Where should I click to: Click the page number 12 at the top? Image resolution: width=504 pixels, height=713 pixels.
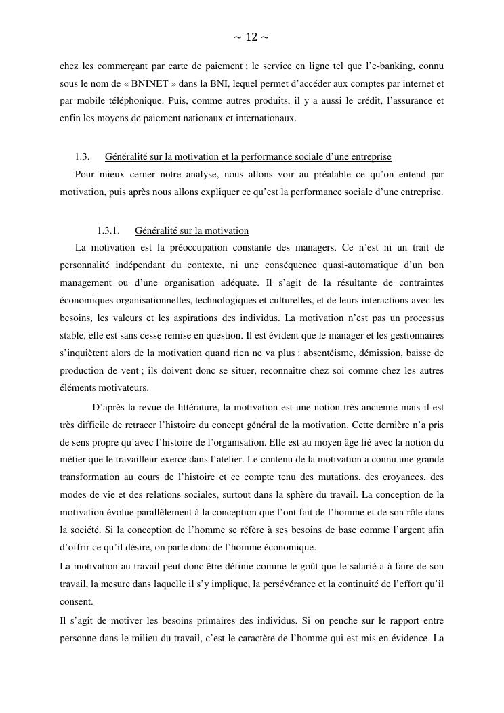tap(251, 37)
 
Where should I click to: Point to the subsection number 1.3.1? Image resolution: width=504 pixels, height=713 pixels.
tap(108, 230)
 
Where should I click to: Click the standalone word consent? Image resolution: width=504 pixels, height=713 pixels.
tap(77, 601)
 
